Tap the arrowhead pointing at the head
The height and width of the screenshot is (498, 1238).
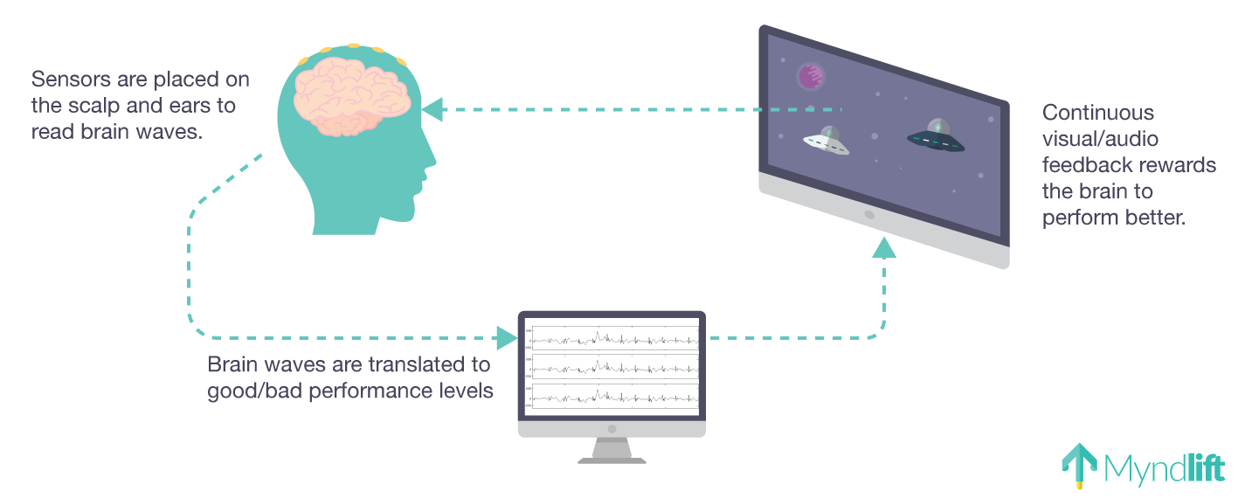click(x=432, y=110)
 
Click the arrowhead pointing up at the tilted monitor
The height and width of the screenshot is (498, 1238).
click(x=885, y=248)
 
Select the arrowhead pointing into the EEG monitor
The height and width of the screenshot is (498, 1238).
click(x=507, y=337)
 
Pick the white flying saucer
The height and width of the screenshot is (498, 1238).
click(x=826, y=142)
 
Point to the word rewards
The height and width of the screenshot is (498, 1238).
click(x=1182, y=165)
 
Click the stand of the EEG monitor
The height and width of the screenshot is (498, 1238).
click(x=612, y=450)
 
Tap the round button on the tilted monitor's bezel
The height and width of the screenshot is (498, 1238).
click(x=868, y=214)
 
